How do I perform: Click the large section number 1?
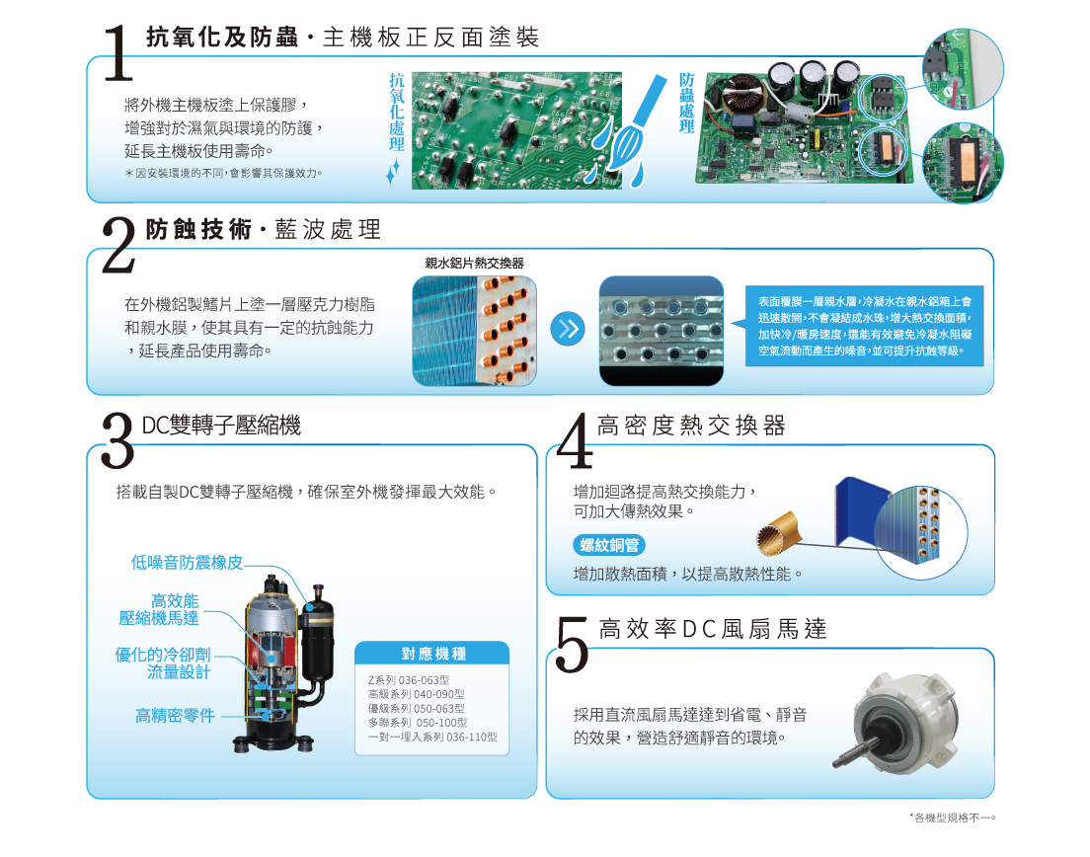click(x=118, y=53)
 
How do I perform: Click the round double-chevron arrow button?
click(x=568, y=330)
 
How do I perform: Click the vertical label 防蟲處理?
click(x=687, y=103)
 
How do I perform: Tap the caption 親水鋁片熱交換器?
click(x=474, y=263)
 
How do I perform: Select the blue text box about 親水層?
click(x=865, y=326)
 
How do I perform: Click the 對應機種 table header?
click(x=432, y=654)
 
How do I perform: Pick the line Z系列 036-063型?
click(x=409, y=679)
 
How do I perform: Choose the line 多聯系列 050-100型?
click(x=418, y=723)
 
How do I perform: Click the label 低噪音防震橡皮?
click(x=187, y=563)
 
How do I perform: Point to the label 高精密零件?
click(x=175, y=715)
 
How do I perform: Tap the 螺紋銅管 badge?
click(x=609, y=545)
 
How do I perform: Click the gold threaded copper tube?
click(x=779, y=533)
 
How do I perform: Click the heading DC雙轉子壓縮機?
click(x=221, y=425)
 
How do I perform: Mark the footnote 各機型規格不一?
click(x=953, y=818)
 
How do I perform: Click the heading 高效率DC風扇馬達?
click(x=713, y=628)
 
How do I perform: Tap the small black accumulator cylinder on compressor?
click(x=318, y=633)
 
